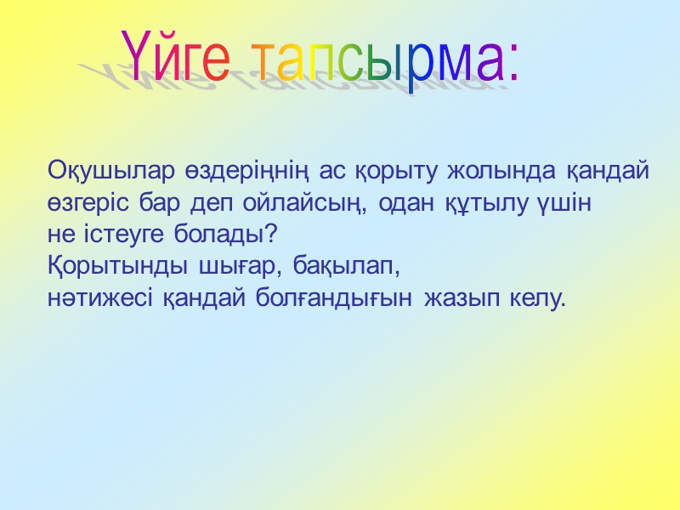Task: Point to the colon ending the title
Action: [x=512, y=66]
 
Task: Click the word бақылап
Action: [x=345, y=268]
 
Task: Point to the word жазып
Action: [x=465, y=299]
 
